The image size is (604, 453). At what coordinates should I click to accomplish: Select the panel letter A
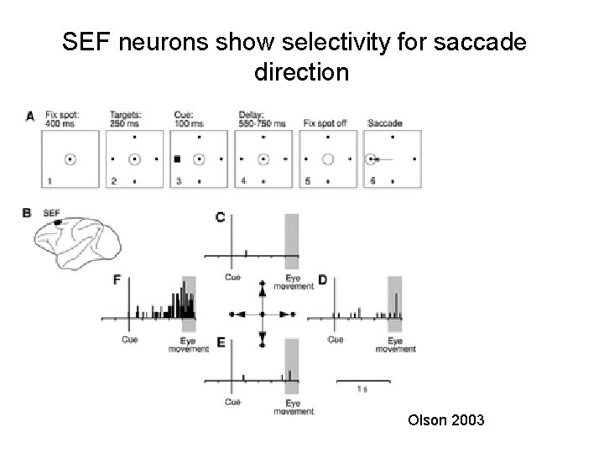tap(30, 117)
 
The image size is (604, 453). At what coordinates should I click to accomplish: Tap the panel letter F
tap(117, 279)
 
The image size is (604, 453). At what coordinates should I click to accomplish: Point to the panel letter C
tap(220, 217)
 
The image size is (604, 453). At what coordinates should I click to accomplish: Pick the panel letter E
tap(220, 342)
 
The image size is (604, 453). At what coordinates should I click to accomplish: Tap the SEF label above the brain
tap(51, 213)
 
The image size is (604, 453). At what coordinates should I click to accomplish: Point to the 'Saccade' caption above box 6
tap(384, 123)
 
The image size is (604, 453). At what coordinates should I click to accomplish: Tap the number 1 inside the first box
tap(49, 180)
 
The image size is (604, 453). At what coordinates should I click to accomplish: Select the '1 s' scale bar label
tap(361, 389)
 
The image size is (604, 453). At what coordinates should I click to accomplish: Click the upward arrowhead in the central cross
tap(263, 291)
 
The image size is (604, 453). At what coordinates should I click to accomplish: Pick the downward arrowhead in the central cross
tap(263, 336)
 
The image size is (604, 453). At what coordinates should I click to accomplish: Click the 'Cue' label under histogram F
tap(130, 340)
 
